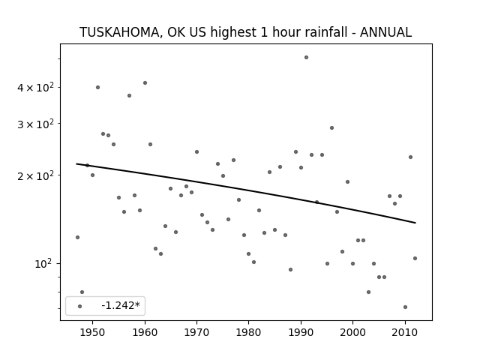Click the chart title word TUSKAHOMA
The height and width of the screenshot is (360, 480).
(119, 32)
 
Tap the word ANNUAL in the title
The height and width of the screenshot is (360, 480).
(385, 32)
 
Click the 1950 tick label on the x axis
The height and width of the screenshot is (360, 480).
(92, 332)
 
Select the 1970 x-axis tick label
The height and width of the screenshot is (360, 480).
(196, 332)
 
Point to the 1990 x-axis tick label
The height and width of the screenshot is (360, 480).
(301, 332)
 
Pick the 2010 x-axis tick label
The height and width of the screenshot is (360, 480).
(405, 332)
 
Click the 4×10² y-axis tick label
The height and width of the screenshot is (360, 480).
(35, 87)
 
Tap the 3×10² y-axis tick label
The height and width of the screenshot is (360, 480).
(35, 124)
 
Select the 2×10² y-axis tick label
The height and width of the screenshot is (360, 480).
(35, 175)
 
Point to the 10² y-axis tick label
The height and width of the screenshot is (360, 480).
(43, 263)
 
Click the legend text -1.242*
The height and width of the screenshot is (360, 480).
(121, 305)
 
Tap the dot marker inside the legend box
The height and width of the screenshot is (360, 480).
(80, 306)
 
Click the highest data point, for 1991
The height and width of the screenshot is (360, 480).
(306, 57)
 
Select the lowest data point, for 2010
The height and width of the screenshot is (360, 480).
(405, 307)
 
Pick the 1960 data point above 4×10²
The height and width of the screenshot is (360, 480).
(145, 82)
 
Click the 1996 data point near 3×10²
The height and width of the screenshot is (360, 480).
(331, 127)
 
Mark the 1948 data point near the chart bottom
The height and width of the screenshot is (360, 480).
(82, 292)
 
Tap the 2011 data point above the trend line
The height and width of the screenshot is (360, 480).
(410, 157)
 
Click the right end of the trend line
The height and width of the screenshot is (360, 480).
(415, 223)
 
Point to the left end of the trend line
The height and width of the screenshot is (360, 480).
(76, 163)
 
